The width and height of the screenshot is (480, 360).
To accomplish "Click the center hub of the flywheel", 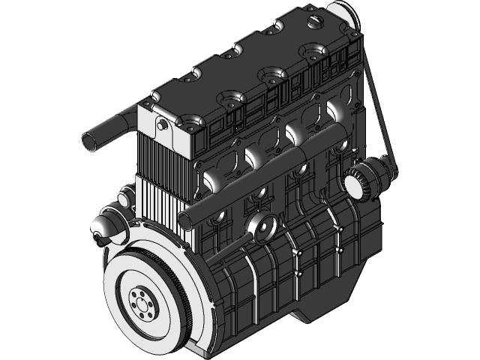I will [x=140, y=303].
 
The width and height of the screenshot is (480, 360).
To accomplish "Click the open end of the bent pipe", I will [x=89, y=140].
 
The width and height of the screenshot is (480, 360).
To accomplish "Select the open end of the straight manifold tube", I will [x=187, y=219].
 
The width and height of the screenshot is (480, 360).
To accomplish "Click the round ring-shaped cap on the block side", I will [x=262, y=226].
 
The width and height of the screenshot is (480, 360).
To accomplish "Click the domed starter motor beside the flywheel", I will [x=102, y=228].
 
